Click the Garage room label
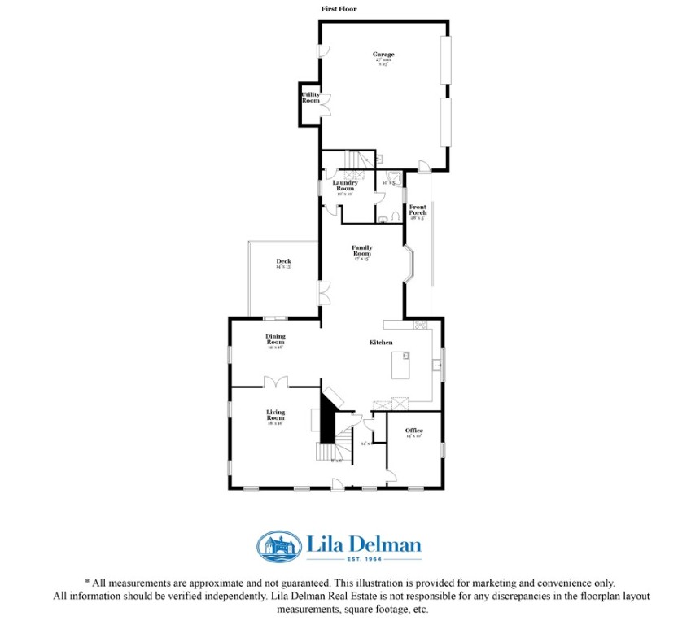coord(384,55)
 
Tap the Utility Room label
coord(310,98)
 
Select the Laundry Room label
coord(345,186)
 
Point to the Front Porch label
coord(418,210)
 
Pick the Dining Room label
coord(275,339)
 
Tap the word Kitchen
coord(381,343)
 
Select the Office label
coord(413,431)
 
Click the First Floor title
coord(339,9)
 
